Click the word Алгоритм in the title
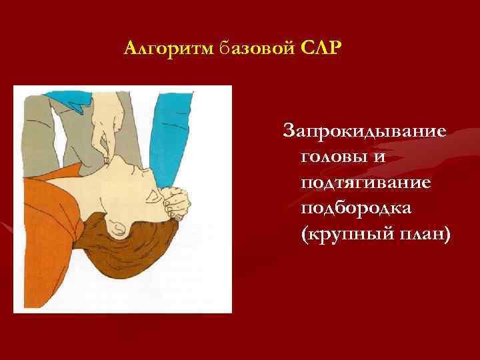(168, 49)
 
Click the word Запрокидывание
(365, 131)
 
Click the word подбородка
(356, 209)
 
